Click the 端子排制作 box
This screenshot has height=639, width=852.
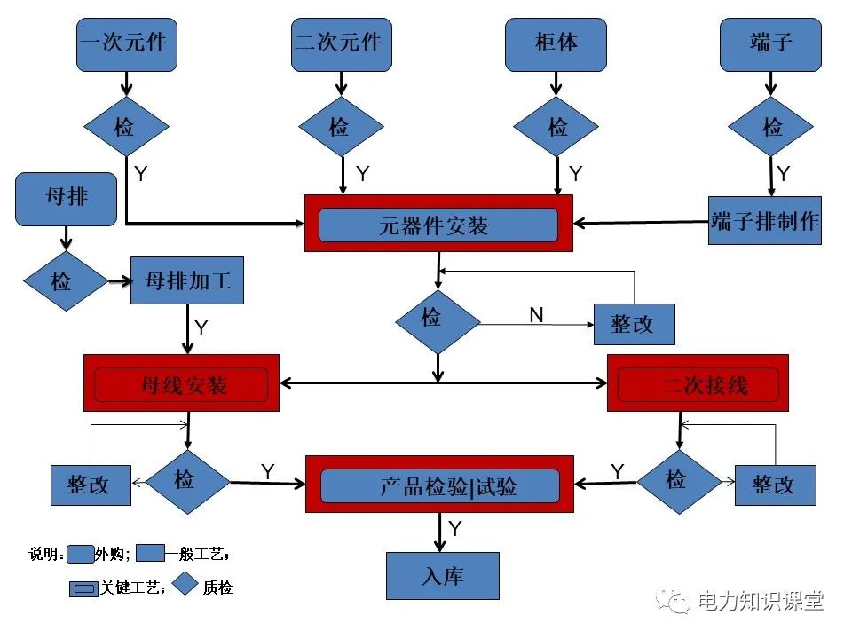click(765, 220)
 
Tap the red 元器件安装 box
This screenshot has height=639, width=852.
click(438, 225)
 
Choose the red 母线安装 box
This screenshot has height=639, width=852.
click(181, 383)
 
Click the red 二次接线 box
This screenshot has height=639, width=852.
click(698, 383)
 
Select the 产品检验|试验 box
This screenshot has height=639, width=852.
click(439, 485)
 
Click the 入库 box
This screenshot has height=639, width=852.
click(442, 576)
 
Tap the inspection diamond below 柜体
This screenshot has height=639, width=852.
click(556, 128)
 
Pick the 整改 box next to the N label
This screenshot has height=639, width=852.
click(634, 324)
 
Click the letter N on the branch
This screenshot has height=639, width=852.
click(536, 315)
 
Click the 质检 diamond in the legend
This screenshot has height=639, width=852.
click(184, 584)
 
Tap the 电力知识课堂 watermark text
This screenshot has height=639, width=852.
click(760, 601)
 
